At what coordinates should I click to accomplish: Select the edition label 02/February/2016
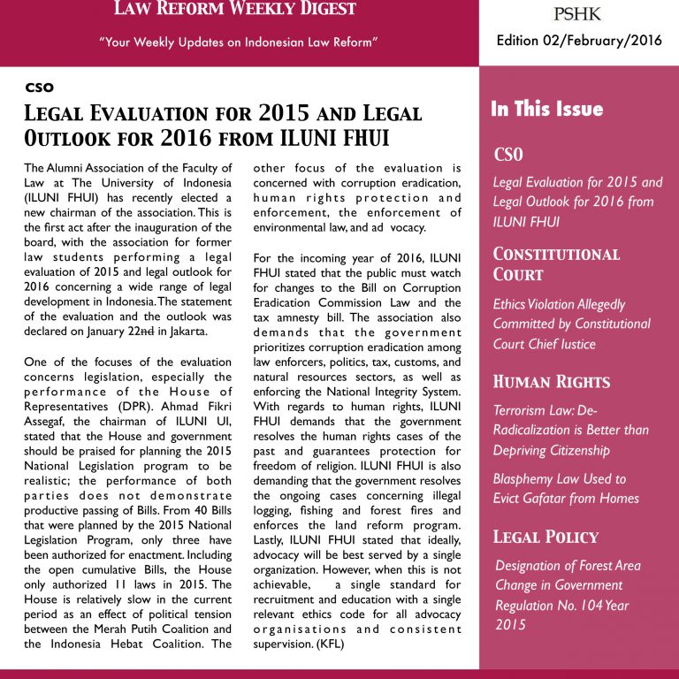(578, 42)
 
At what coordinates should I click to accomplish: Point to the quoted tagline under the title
(239, 42)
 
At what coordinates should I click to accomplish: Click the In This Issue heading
(546, 110)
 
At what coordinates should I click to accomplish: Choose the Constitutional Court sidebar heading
(557, 264)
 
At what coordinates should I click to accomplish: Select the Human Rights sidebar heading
(552, 382)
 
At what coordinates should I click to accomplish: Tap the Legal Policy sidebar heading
(545, 536)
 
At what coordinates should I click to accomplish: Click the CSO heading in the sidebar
(508, 156)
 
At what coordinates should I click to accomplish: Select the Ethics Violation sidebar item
(571, 324)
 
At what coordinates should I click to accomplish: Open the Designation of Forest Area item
(568, 595)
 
